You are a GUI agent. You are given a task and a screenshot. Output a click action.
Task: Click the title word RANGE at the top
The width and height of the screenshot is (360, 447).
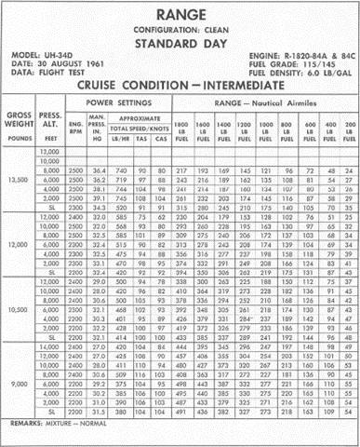[180, 14]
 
